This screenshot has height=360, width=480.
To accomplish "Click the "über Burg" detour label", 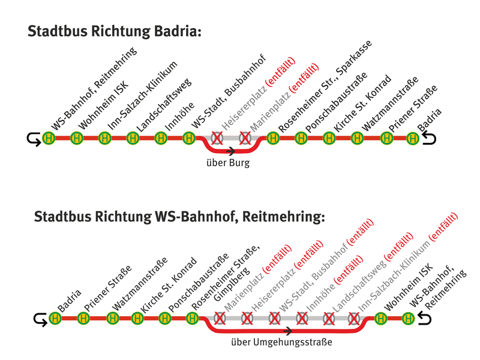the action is [x=228, y=163].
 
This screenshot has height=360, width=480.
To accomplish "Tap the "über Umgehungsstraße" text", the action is [x=281, y=341].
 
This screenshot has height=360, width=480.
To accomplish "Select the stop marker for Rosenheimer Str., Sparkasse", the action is [x=273, y=138].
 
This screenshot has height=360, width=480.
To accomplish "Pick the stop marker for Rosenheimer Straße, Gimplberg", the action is [x=192, y=319].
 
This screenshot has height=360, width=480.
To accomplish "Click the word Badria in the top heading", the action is [x=178, y=31].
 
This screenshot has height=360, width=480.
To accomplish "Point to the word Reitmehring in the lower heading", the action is [x=283, y=217].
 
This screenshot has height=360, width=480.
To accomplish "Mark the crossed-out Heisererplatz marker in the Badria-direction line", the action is [x=217, y=138].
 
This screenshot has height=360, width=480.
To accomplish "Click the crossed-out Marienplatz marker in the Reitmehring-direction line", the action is [x=220, y=319].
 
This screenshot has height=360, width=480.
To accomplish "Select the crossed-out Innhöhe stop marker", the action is [x=302, y=319].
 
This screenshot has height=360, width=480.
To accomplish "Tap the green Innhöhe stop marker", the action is [x=161, y=138].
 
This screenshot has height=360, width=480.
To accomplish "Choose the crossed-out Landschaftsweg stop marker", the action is [x=329, y=319].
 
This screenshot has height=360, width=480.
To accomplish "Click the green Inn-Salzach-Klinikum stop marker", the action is [x=104, y=138].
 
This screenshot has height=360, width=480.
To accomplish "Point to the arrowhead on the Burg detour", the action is [x=231, y=151].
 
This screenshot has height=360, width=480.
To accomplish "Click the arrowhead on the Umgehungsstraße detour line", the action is [x=288, y=331].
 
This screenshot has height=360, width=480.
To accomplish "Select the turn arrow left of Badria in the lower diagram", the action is [x=40, y=320].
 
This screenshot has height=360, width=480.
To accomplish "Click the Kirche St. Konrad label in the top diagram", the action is [x=362, y=104].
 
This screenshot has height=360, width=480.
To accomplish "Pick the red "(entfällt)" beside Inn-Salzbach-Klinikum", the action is [x=443, y=227].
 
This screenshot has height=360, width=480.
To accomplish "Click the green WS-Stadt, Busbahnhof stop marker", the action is [x=189, y=138].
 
